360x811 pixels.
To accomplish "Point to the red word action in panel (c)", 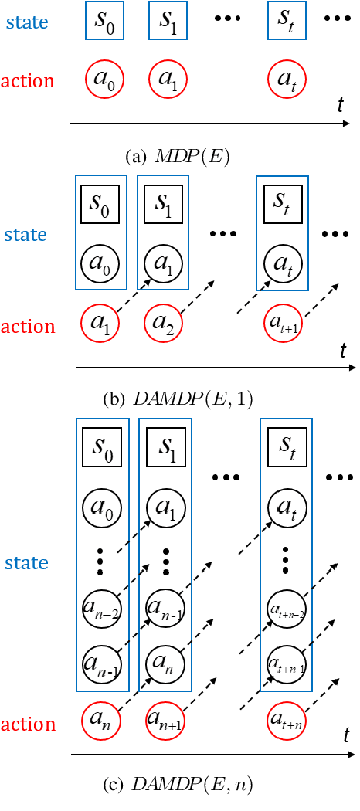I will (x=29, y=724).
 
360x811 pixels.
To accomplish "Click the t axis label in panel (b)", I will (x=344, y=351).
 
